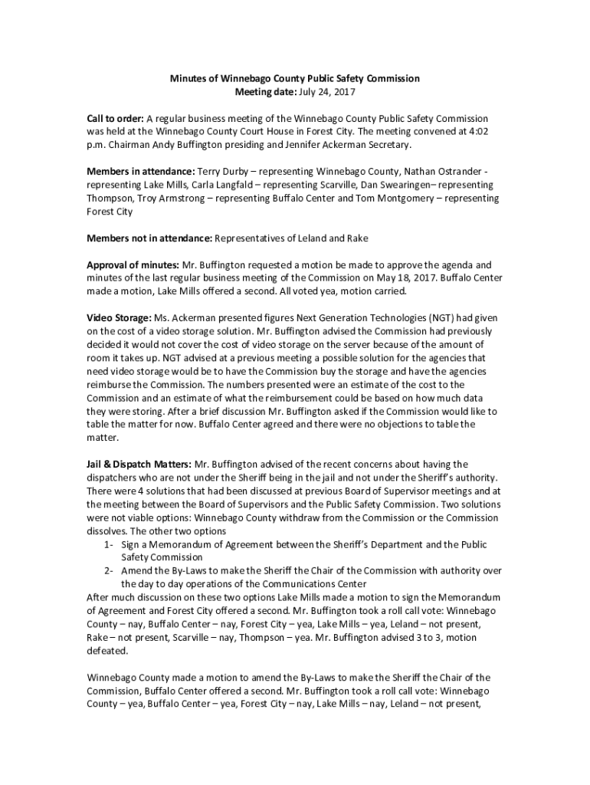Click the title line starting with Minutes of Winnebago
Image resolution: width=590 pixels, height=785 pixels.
[294, 78]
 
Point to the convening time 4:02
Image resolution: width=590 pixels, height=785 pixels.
[477, 131]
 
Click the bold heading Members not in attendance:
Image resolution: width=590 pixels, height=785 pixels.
[149, 238]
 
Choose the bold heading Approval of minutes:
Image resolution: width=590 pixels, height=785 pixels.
[133, 265]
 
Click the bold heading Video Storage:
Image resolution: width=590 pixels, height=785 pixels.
[119, 318]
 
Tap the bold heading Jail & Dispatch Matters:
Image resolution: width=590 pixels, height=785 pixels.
[139, 464]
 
